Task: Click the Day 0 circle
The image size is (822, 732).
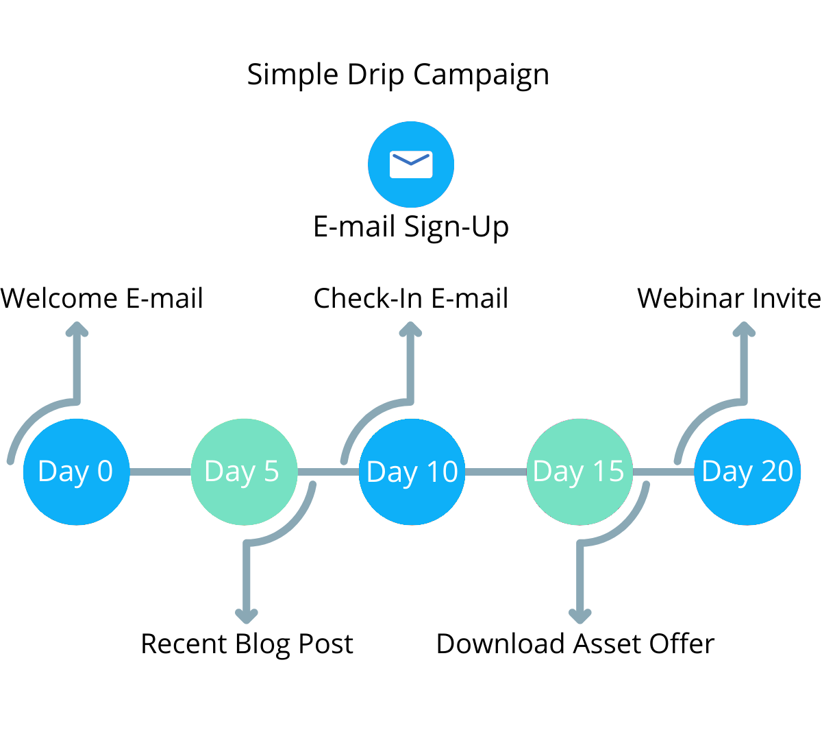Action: (76, 472)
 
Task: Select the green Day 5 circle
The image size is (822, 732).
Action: (244, 472)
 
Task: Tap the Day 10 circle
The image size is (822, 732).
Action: (412, 472)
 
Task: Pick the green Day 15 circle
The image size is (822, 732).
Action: (580, 472)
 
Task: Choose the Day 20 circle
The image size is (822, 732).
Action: (747, 472)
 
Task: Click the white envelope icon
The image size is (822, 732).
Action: (411, 164)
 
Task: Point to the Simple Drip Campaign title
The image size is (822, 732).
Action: (398, 75)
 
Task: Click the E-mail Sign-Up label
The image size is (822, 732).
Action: (411, 227)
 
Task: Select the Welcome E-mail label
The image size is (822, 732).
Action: (101, 298)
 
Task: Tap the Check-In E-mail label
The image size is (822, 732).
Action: (410, 298)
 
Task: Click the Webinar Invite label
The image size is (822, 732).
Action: (729, 298)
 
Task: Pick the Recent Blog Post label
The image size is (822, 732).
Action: (247, 644)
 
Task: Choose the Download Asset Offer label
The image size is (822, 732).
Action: (575, 644)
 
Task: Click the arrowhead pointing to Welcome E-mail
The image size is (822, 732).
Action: (77, 329)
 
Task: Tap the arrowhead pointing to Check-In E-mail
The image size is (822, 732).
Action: (410, 329)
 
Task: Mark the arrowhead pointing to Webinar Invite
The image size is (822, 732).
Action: (744, 329)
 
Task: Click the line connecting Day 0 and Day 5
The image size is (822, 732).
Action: (160, 472)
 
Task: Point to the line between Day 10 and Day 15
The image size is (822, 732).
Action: (496, 472)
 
